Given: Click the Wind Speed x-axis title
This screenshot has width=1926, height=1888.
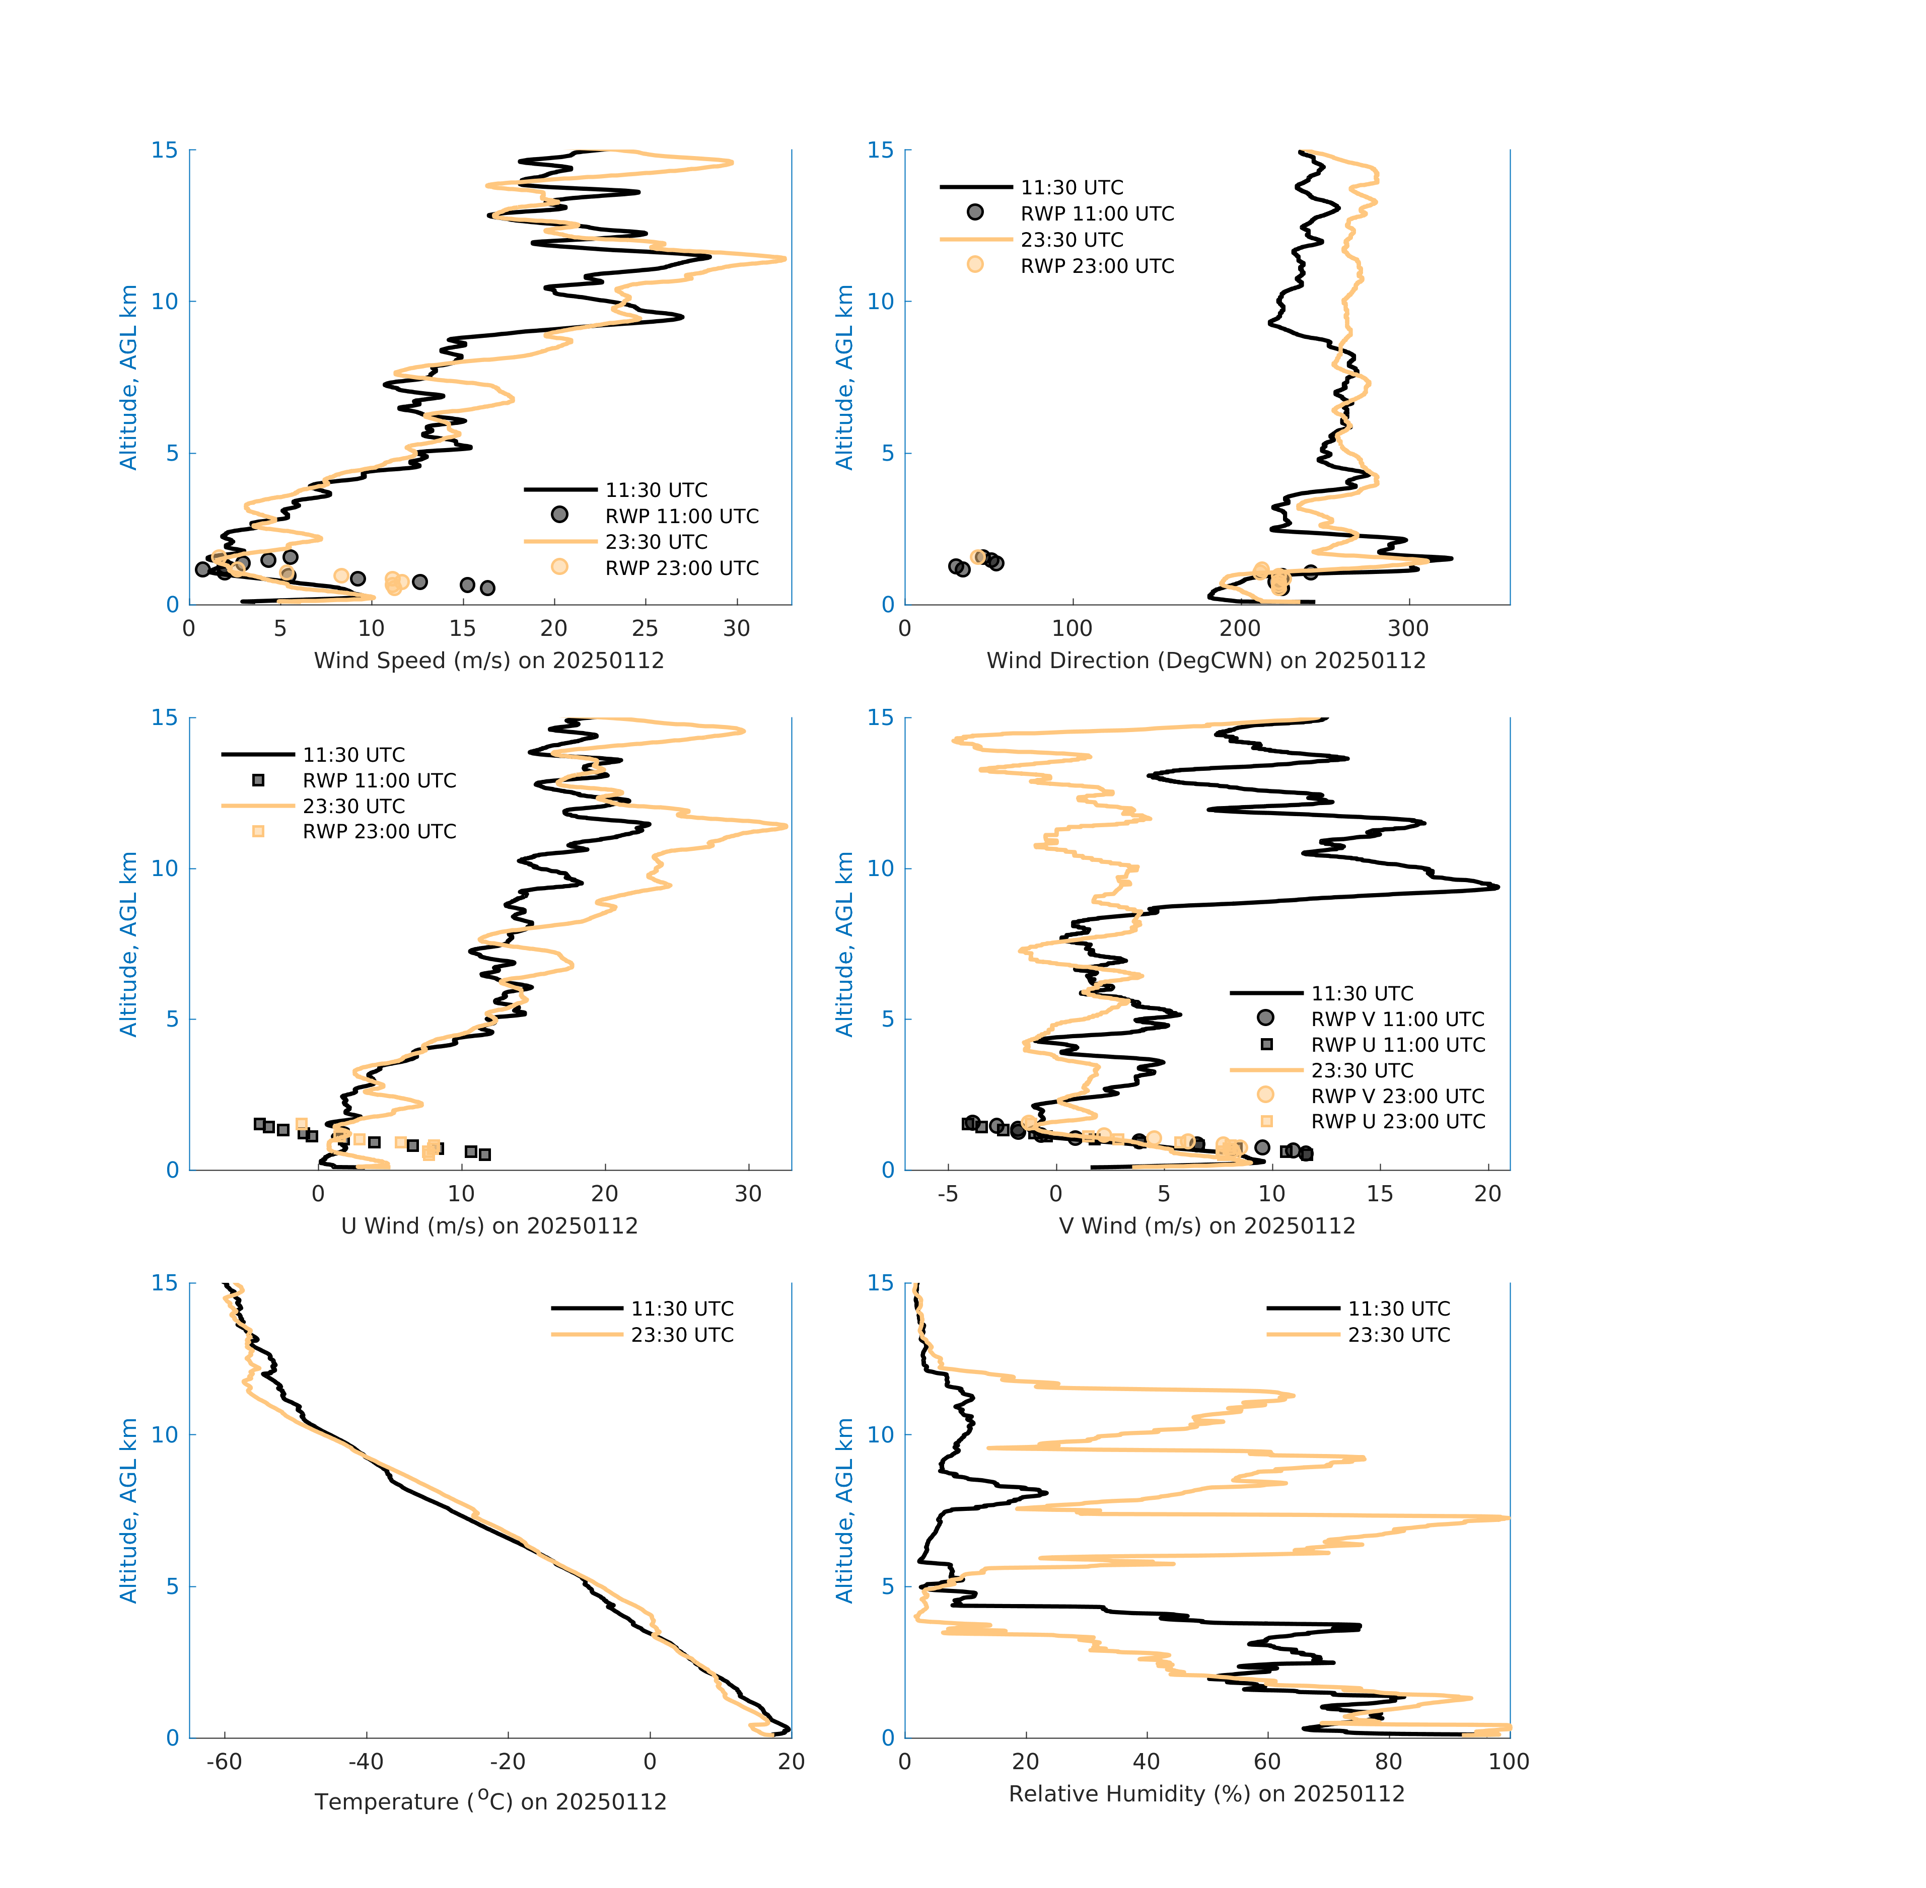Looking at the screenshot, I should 489,661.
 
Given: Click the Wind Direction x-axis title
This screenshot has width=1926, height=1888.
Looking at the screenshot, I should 1206,661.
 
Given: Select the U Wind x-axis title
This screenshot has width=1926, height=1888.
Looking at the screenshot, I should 489,1225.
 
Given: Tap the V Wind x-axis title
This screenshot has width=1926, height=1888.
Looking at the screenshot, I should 1206,1225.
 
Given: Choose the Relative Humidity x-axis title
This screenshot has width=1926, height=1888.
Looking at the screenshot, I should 1206,1793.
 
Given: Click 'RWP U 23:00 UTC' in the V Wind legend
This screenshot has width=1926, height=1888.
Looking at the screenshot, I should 1397,1122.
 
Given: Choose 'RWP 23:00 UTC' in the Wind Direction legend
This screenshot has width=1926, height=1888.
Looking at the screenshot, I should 1097,266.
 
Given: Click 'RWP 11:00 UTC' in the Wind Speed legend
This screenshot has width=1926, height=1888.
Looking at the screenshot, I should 681,516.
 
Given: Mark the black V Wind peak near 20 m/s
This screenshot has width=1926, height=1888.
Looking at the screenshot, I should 1495,887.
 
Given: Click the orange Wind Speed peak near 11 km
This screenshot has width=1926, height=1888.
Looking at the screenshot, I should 783,259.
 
